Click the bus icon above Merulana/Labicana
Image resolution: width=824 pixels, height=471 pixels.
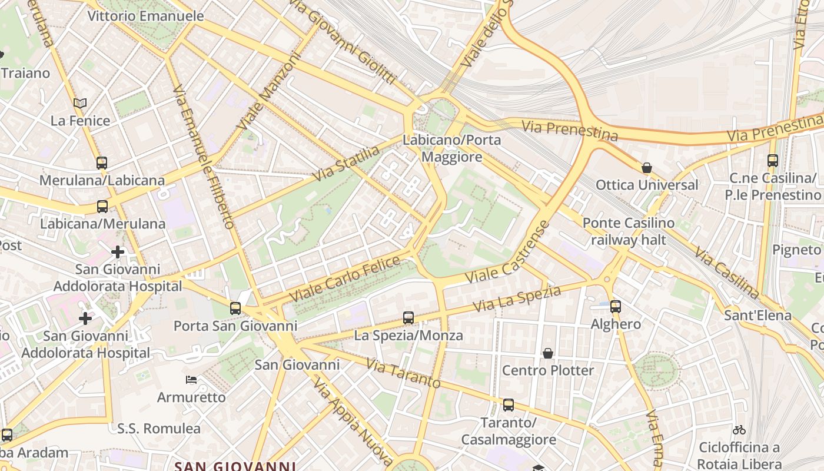[x=102, y=163]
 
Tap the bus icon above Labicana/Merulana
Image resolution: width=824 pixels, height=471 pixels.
[x=102, y=207]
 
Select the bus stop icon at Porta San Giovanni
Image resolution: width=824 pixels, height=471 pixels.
[x=235, y=308]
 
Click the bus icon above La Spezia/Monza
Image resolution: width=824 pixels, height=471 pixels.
[x=408, y=318]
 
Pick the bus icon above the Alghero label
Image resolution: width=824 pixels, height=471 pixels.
[x=616, y=306]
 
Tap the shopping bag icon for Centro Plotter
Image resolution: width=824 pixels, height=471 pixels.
[x=548, y=353]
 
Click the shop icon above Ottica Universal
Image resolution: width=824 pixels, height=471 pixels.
[x=647, y=168]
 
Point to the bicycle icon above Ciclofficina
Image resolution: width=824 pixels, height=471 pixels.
[x=739, y=430]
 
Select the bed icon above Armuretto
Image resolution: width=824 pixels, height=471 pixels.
[x=191, y=380]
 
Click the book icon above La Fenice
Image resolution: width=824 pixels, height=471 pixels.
[x=80, y=104]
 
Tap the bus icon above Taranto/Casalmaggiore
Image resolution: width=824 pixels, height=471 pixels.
[x=509, y=405]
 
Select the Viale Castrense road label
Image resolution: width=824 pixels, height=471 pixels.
[x=507, y=251]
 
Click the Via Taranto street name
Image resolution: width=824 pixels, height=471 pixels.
[x=403, y=373]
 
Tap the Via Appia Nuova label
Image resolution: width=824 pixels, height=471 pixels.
[x=353, y=420]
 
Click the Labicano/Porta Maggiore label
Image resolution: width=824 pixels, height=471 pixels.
[x=451, y=148]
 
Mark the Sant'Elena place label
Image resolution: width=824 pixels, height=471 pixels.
[x=757, y=316]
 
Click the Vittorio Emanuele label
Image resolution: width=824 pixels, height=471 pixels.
[x=145, y=16]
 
